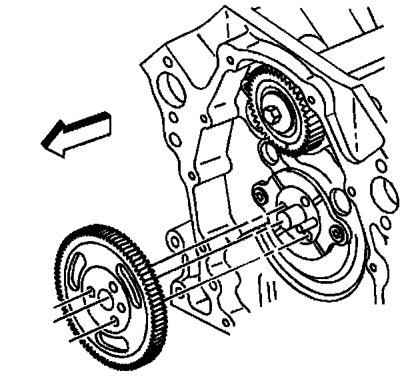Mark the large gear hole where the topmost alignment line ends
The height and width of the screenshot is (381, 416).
point(89,290)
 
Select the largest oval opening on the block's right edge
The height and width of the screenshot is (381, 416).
point(387,193)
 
